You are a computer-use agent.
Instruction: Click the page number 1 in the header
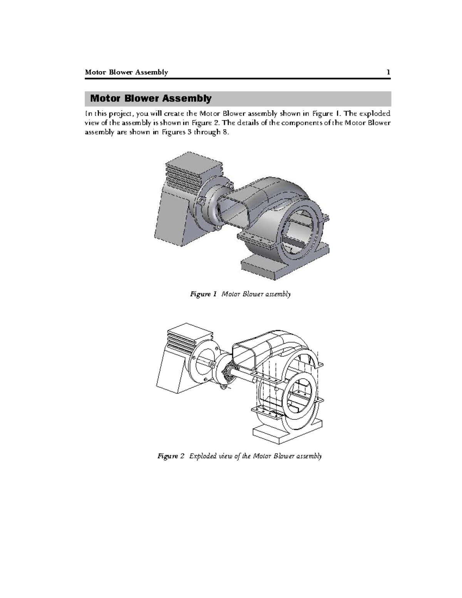(388, 72)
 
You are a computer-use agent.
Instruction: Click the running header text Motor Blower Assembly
(126, 72)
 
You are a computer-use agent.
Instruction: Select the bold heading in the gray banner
(151, 99)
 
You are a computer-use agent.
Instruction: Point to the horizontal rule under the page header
(238, 79)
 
